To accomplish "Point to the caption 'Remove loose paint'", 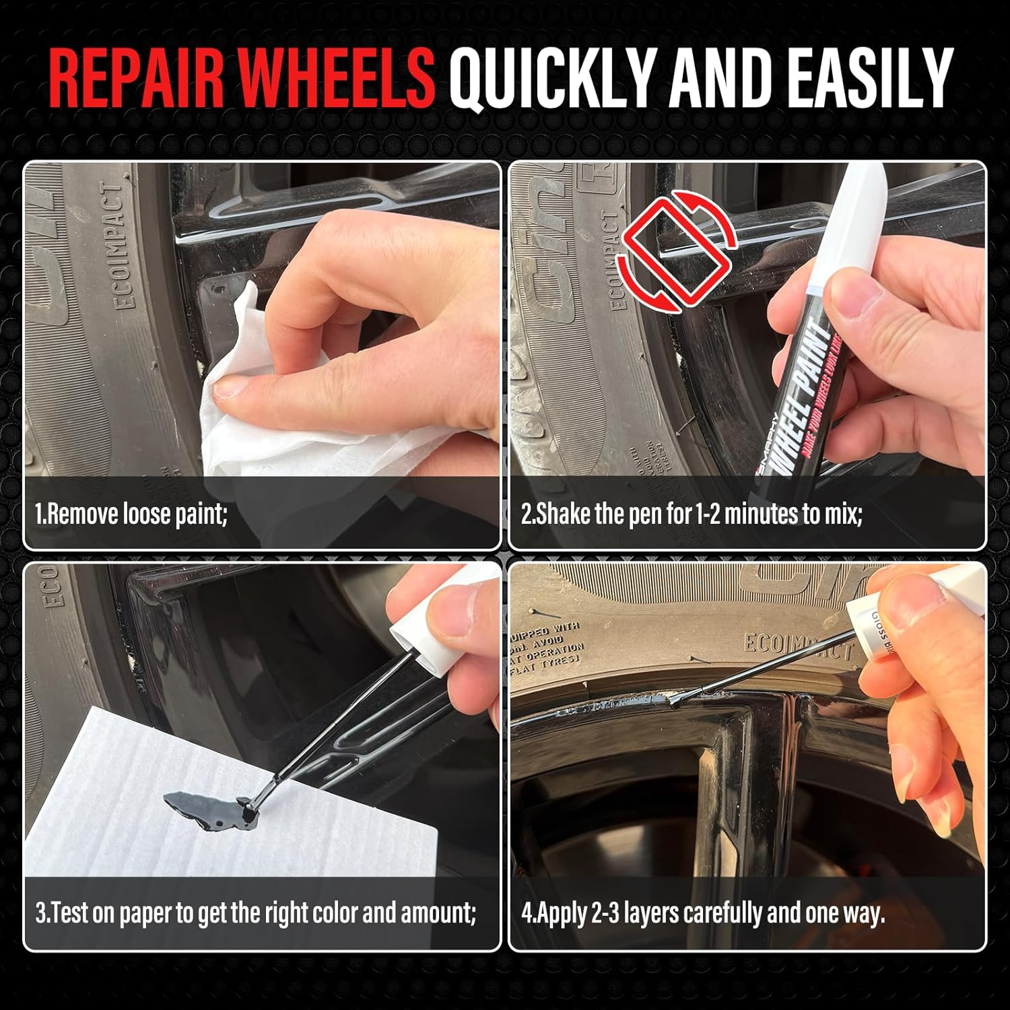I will pos(131,515).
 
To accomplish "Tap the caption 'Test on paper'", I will pos(256,914).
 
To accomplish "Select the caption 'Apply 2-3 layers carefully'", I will pos(702,914).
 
